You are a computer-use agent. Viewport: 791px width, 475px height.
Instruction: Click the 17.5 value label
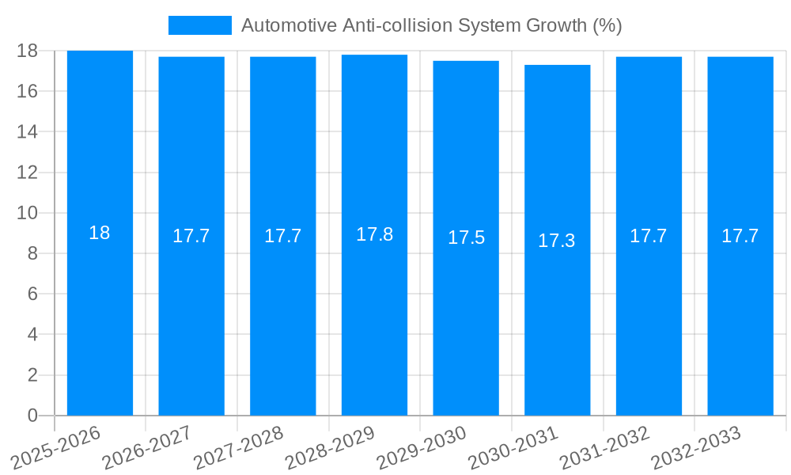(x=466, y=237)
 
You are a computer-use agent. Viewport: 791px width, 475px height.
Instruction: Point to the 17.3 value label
(x=557, y=241)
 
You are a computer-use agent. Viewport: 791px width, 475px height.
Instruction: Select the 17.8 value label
(x=374, y=234)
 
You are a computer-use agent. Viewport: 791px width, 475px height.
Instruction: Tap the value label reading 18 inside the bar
(x=100, y=233)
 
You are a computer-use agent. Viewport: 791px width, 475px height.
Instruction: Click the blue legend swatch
(x=199, y=25)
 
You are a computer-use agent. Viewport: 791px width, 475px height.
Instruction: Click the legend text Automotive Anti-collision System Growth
(x=431, y=25)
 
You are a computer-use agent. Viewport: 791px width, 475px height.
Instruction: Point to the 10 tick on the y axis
(x=28, y=213)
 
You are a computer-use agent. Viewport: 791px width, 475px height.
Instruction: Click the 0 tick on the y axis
(x=32, y=416)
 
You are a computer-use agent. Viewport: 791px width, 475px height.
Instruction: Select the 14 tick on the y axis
(x=28, y=131)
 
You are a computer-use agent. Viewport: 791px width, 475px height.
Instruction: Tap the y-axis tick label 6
(x=32, y=294)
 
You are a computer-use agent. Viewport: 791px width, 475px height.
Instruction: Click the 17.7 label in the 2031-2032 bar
(x=649, y=236)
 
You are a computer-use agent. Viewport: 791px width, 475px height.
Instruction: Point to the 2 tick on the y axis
(x=32, y=375)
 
